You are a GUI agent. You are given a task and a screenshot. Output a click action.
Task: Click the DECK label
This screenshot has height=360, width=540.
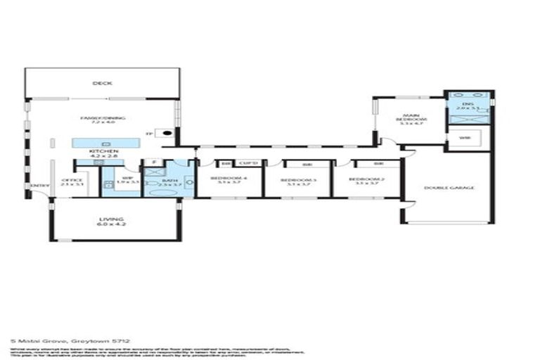coord(103,84)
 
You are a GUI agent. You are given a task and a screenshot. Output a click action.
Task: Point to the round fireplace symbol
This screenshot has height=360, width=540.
coord(167,133)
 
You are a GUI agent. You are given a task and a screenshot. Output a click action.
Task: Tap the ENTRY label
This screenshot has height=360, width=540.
coord(35,186)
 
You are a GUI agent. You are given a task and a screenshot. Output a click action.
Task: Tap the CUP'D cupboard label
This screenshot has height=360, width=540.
coord(249,164)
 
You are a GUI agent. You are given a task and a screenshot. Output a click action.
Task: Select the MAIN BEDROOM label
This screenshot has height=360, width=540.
coord(411,119)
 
